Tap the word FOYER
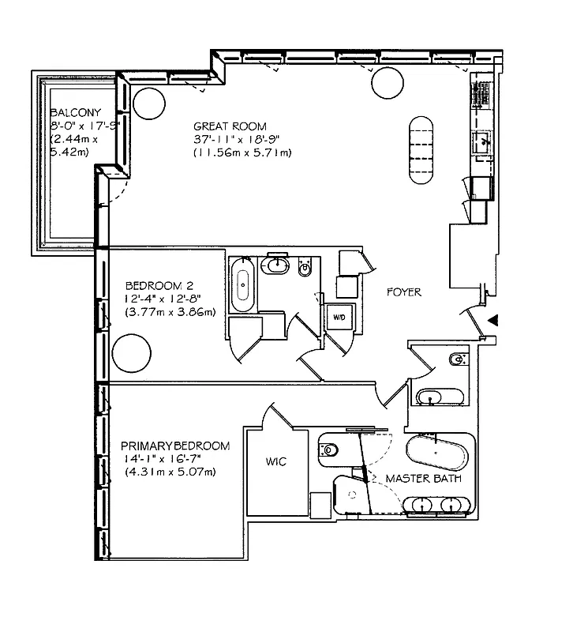(x=403, y=292)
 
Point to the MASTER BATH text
(x=418, y=479)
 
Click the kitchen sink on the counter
(x=481, y=143)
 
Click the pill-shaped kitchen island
(x=421, y=151)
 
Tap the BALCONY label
(x=74, y=112)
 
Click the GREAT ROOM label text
(x=230, y=126)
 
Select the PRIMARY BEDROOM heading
(x=177, y=446)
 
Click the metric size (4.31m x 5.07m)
(x=170, y=472)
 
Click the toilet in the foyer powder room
(x=458, y=362)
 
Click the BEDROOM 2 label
(x=159, y=285)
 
